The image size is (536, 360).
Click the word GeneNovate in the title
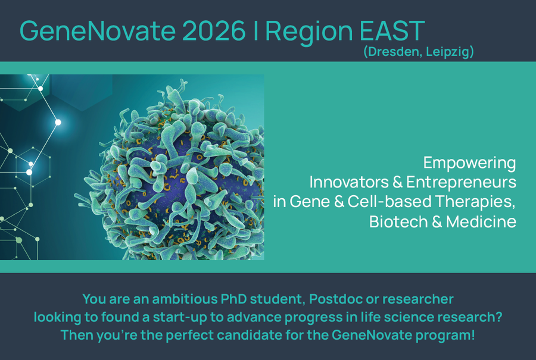(98, 31)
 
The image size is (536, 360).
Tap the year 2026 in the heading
(214, 31)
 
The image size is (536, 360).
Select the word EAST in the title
(392, 31)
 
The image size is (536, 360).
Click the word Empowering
(470, 163)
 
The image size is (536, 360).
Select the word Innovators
(349, 182)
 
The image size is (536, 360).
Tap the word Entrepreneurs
(461, 183)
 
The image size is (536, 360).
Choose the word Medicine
(481, 222)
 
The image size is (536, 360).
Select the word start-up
(180, 318)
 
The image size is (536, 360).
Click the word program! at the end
(445, 336)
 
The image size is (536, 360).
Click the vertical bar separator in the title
(255, 31)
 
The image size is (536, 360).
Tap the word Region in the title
(309, 32)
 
